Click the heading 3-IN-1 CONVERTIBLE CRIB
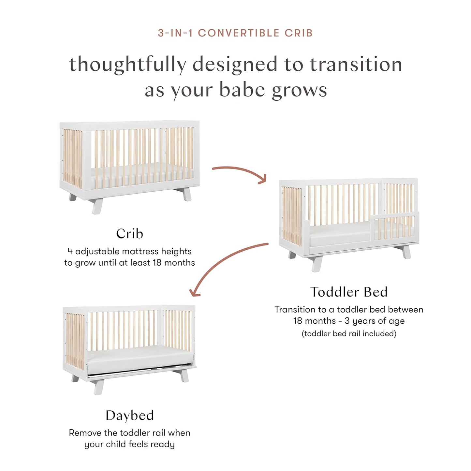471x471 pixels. coord(235,33)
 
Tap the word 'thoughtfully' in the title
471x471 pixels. coord(127,65)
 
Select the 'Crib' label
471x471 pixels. coord(129,234)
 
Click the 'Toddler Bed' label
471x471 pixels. coord(349,292)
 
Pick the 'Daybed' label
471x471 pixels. coord(129,415)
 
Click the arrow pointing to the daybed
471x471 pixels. coord(225,264)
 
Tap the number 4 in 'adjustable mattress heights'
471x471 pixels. coord(70,251)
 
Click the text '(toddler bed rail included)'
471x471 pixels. coord(349,333)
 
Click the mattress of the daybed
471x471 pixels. coord(137,360)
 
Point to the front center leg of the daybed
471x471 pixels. coord(99,387)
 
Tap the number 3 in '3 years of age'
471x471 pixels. coord(347,321)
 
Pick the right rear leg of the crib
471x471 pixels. coord(187,195)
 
